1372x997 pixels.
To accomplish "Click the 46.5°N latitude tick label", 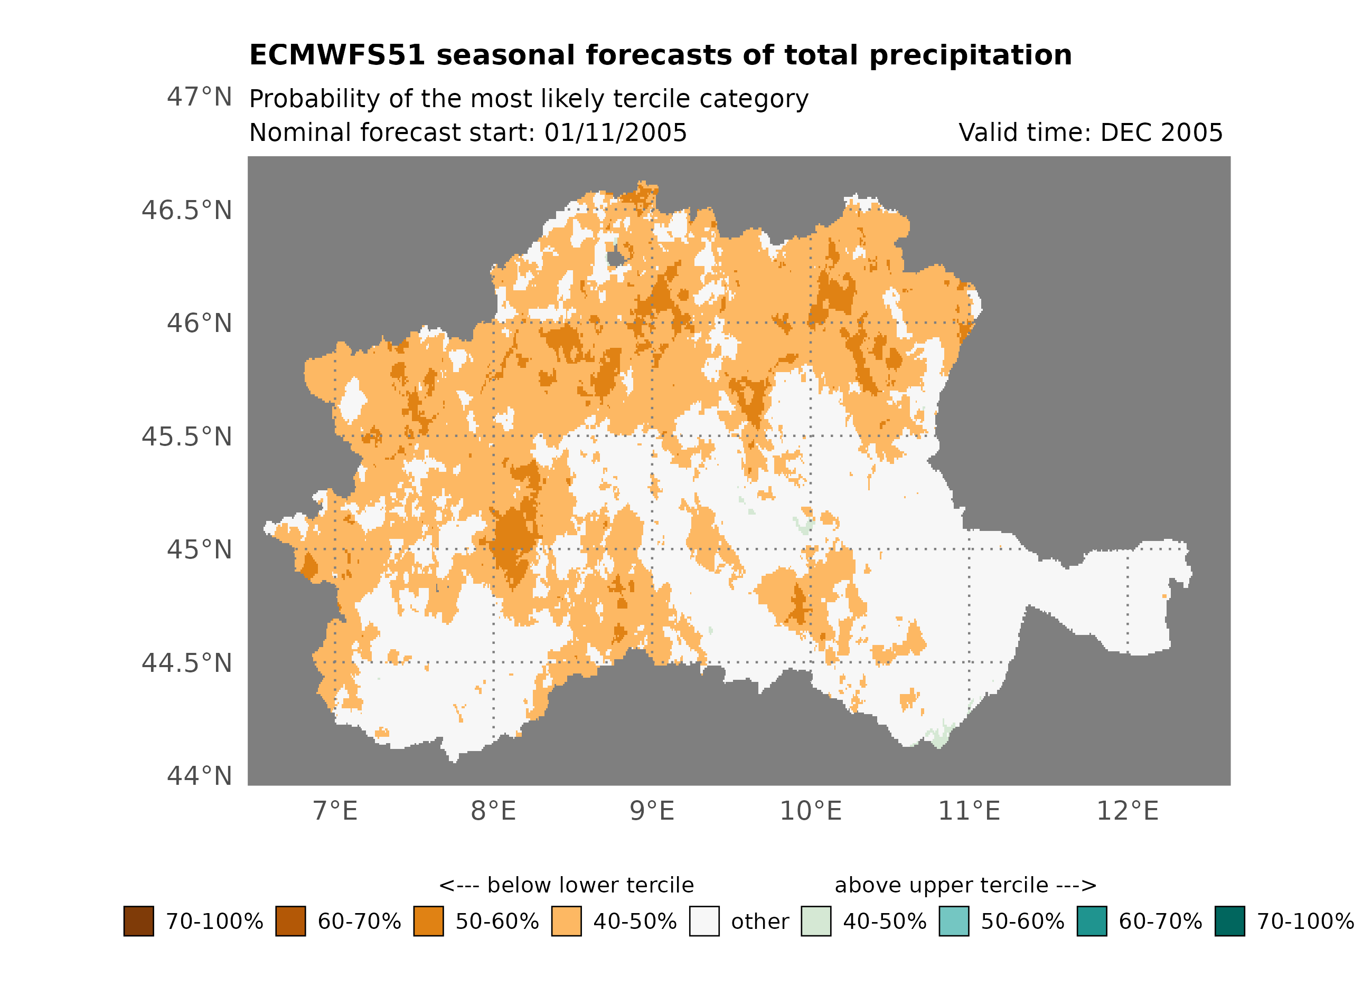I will (186, 211).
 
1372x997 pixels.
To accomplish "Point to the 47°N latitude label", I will (199, 97).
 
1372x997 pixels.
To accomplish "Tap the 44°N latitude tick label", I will (199, 776).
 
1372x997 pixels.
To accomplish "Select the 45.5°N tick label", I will (186, 436).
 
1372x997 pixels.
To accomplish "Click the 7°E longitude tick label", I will (335, 811).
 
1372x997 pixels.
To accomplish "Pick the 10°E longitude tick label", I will (810, 811).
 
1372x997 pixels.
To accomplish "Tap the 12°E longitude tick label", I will (1127, 811).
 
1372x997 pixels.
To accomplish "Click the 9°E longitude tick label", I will (652, 811).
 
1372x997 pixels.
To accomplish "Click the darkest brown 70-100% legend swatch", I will (138, 921).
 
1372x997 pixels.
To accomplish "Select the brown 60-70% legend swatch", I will (290, 921).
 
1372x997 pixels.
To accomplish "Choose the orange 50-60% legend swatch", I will (428, 921).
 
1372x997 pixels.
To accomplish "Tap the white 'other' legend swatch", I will (704, 921).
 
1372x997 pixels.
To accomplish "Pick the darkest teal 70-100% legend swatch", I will (1230, 921).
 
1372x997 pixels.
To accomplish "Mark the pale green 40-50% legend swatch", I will (815, 921).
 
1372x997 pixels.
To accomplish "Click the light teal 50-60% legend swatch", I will (953, 921).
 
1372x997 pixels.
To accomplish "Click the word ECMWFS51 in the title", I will (337, 55).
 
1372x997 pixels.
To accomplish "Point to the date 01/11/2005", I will (615, 132).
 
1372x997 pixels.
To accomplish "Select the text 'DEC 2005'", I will (1161, 132).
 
